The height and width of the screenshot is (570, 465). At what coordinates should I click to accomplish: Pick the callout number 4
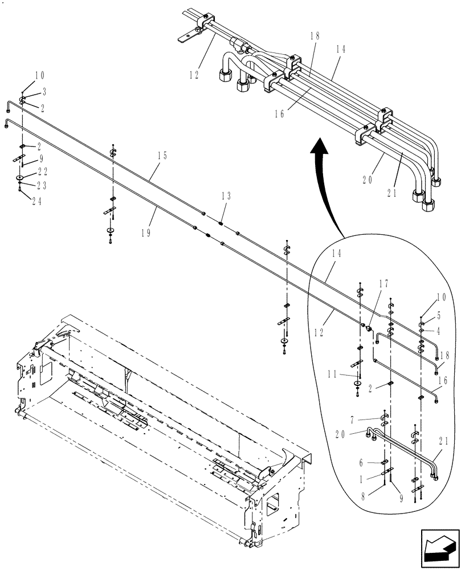click(439, 329)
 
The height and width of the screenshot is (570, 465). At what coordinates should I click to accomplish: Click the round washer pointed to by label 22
click(20, 178)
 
